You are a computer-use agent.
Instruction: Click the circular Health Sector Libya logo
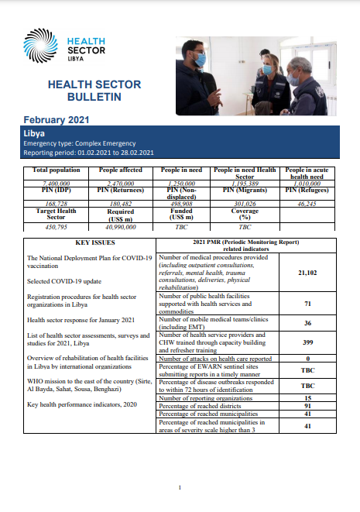click(40, 44)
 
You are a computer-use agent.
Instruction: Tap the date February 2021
click(57, 119)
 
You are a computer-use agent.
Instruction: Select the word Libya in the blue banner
click(35, 133)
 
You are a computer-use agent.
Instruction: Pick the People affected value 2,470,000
click(118, 183)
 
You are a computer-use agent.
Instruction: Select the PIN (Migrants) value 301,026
click(245, 204)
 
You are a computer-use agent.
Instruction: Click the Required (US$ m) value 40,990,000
click(118, 226)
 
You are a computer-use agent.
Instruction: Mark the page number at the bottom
click(180, 487)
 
